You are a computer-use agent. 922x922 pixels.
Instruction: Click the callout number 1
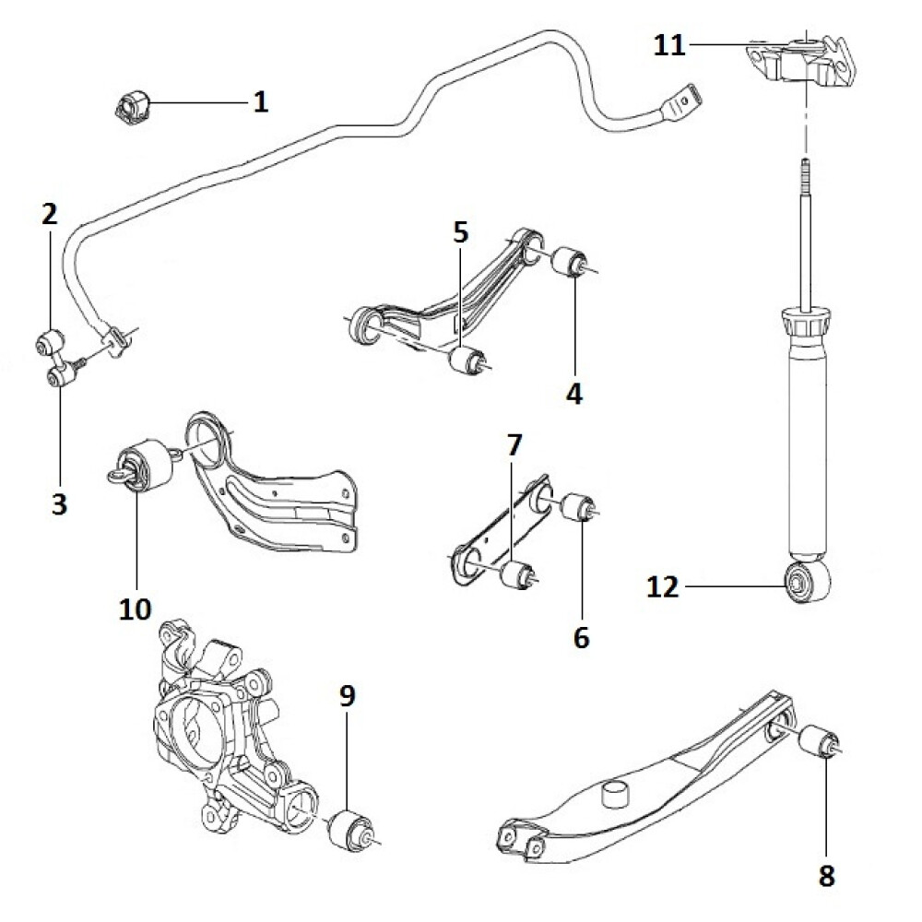pyautogui.click(x=261, y=101)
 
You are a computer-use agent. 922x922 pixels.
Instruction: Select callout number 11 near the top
pyautogui.click(x=670, y=44)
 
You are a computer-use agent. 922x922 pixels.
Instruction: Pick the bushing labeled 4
pyautogui.click(x=570, y=262)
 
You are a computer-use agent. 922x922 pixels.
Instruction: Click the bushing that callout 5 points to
pyautogui.click(x=465, y=360)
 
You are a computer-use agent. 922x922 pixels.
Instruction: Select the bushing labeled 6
pyautogui.click(x=579, y=505)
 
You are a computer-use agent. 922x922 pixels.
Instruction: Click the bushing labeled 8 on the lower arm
pyautogui.click(x=818, y=742)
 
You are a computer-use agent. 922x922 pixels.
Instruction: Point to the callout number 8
pyautogui.click(x=826, y=875)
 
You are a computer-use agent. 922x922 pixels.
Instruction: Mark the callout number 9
pyautogui.click(x=347, y=697)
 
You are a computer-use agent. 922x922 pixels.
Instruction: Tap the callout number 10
pyautogui.click(x=136, y=608)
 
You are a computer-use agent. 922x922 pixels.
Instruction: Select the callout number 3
pyautogui.click(x=60, y=504)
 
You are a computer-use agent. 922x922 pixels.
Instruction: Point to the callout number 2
pyautogui.click(x=49, y=216)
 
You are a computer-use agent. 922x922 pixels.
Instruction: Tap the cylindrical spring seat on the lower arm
pyautogui.click(x=616, y=794)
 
